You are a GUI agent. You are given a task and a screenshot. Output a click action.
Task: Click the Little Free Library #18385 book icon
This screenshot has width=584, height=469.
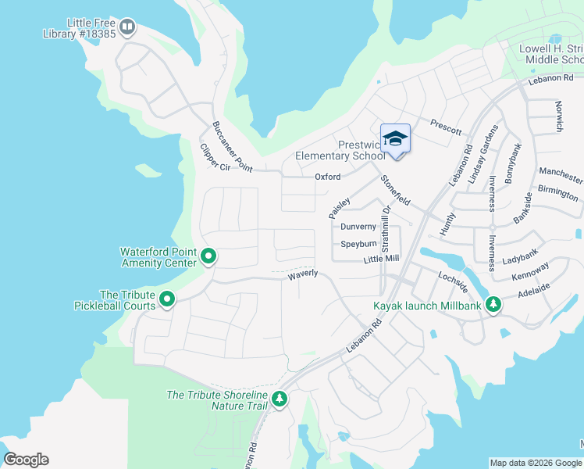[x=127, y=28]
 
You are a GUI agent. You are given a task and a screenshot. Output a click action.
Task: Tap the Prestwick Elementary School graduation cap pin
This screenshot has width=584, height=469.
[x=395, y=139]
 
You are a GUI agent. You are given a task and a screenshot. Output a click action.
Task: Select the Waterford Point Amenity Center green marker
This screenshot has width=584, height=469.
[x=208, y=256]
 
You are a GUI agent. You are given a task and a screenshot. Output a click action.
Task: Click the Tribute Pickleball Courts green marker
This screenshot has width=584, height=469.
[x=167, y=299]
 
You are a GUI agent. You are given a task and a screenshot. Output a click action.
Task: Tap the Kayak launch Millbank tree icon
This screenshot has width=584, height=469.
[x=493, y=304]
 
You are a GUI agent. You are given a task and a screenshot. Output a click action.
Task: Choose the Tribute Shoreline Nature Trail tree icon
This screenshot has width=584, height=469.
[x=280, y=399]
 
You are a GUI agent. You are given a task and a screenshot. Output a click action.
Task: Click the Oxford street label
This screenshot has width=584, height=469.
[x=327, y=177]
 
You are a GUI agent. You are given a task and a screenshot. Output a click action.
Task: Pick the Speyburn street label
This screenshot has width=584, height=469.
[x=358, y=244]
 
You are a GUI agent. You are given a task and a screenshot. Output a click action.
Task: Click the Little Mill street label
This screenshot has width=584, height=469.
[x=381, y=259]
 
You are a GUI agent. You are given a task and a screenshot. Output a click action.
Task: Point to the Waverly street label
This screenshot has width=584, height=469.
[x=303, y=274]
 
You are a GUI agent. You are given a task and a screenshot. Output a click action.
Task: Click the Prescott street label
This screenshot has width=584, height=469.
[x=446, y=127]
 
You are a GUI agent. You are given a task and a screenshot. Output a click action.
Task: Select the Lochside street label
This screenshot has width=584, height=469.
[x=453, y=282]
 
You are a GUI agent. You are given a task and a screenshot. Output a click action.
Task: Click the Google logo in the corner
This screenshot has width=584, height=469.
[x=26, y=460]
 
